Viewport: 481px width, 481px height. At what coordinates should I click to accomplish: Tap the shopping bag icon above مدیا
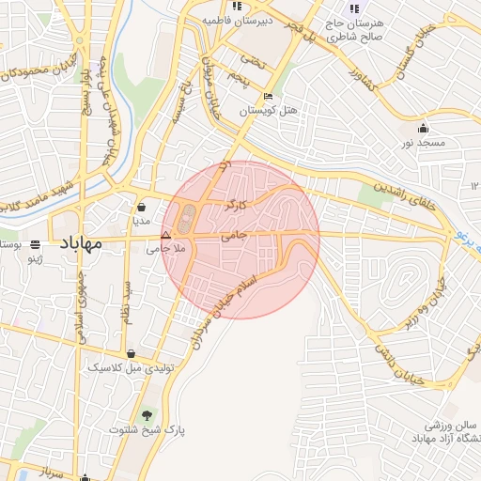pos(141,208)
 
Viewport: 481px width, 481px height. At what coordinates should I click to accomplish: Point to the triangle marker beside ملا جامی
pos(166,236)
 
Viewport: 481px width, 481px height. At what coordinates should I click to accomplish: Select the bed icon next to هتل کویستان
pos(269,96)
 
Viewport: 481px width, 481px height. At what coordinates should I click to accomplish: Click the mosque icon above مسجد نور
pos(424,129)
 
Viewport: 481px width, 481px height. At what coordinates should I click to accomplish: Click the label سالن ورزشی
pos(455,425)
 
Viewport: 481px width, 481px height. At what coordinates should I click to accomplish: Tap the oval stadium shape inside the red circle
pos(186,219)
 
